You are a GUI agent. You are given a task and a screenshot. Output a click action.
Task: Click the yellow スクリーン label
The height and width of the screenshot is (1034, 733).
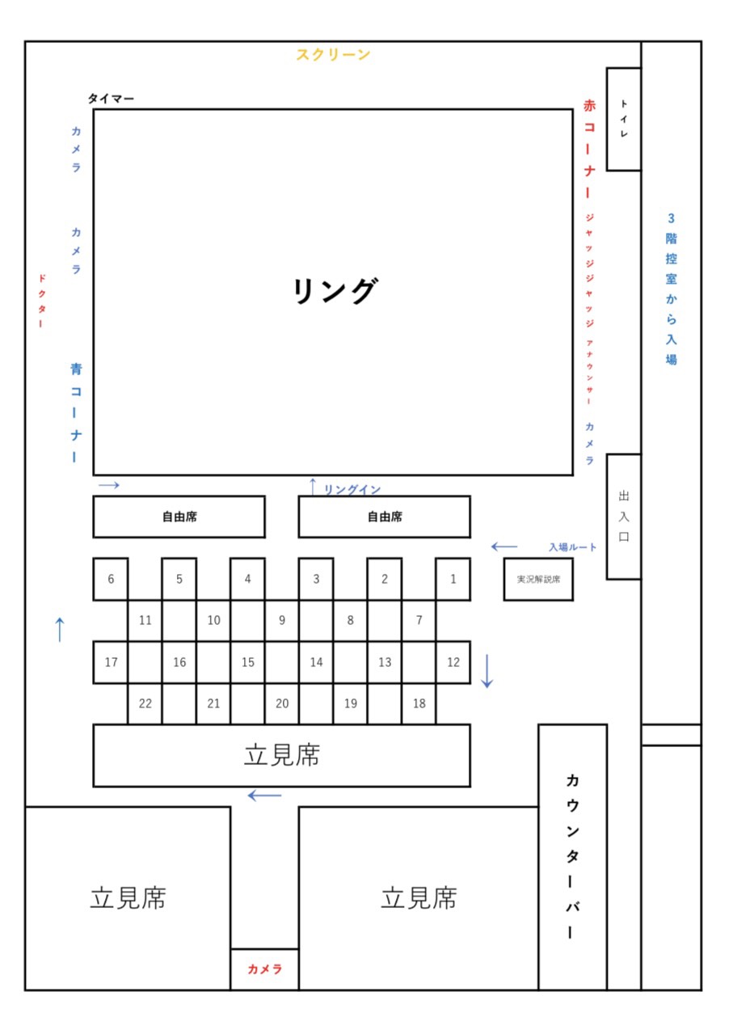pos(333,54)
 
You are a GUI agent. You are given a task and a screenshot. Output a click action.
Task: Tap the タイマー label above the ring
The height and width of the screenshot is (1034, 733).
pos(111,99)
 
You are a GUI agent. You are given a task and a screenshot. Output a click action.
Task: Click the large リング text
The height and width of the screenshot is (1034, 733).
pos(335,290)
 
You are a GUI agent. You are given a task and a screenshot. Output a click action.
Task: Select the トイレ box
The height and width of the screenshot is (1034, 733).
pos(624,119)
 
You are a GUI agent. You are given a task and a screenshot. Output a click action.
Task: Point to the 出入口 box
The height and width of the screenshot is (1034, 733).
pos(624,517)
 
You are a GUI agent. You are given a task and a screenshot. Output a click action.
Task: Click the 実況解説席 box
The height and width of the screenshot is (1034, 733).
pos(538,580)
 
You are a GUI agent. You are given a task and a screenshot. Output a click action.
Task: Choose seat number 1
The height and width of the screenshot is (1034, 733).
pos(453,580)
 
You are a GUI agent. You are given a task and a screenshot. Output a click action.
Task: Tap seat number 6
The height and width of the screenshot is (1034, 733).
pos(111,580)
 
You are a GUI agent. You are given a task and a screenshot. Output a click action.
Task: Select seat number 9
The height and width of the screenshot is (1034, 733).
pos(281,620)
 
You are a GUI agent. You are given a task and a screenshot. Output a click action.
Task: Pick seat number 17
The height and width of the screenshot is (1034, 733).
pos(111,662)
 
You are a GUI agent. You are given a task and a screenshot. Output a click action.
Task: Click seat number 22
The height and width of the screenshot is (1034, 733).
pos(145,703)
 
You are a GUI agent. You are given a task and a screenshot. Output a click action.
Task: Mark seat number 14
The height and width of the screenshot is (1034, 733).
pos(316,662)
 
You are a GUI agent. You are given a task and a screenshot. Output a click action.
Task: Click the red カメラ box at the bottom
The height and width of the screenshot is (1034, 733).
pos(264,969)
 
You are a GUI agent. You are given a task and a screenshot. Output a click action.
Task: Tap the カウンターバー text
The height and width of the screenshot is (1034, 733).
pos(572,856)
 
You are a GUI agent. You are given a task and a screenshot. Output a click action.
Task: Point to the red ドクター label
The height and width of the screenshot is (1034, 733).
pos(41,301)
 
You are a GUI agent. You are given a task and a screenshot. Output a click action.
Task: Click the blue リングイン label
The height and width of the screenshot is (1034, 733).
pos(352,489)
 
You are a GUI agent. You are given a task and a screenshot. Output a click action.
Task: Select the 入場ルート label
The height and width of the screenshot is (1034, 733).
pos(572,547)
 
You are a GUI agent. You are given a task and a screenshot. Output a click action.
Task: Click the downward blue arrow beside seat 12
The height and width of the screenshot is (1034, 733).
pos(487,671)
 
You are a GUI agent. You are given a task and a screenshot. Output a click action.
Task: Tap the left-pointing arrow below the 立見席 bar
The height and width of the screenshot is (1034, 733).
pos(264,796)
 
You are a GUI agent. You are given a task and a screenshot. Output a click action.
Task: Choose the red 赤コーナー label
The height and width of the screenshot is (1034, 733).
pos(589,149)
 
